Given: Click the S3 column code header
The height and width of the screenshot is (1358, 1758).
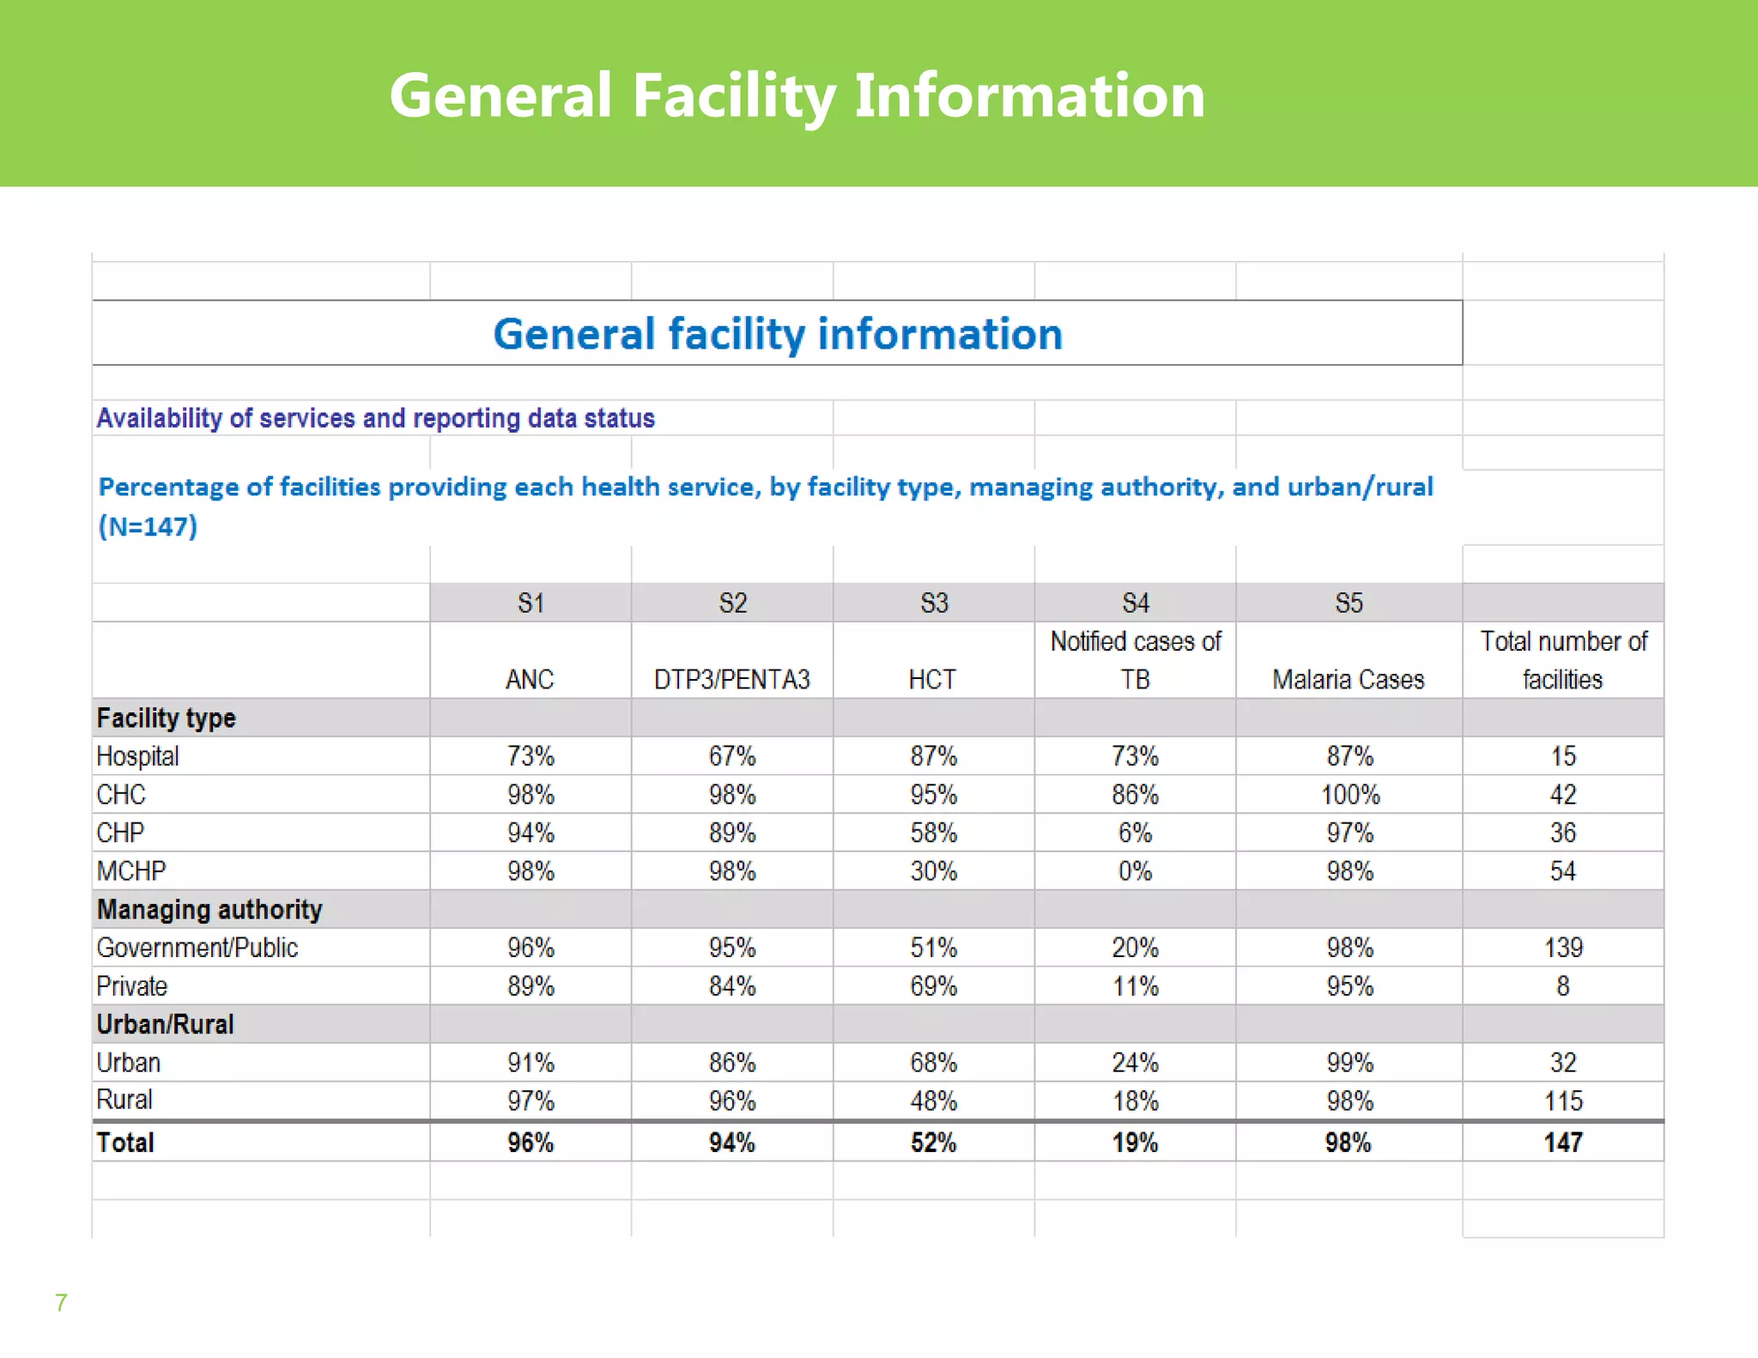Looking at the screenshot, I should tap(934, 603).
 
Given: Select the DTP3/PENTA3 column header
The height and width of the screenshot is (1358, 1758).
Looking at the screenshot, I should tap(731, 679).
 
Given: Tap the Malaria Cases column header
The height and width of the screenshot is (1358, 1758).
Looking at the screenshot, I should tap(1348, 679).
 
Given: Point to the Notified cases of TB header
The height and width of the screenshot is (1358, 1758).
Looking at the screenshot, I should tap(1135, 659).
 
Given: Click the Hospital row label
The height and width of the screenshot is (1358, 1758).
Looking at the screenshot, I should tap(137, 756).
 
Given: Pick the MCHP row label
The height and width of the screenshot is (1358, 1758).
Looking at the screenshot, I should tap(130, 871).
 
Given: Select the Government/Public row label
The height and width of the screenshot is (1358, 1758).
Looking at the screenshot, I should tap(197, 948).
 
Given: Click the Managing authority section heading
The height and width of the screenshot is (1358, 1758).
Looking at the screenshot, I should tap(209, 909).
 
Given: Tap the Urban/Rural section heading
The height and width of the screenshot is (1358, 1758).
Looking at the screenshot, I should tap(165, 1024).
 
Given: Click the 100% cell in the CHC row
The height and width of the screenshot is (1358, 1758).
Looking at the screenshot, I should tap(1349, 795).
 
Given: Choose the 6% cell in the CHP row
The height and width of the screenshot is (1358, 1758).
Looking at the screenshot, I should tap(1135, 833).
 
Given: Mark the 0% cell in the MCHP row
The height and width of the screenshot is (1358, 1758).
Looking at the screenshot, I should tap(1135, 871).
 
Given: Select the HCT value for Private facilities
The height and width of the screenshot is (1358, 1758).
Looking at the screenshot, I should tap(933, 986).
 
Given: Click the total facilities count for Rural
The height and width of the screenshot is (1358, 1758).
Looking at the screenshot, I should tap(1563, 1100).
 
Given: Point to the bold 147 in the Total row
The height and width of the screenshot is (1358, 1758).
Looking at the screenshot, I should tap(1563, 1143).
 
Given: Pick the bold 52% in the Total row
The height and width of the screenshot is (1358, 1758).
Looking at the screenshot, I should tap(933, 1143).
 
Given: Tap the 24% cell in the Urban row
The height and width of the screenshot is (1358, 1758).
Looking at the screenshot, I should tap(1135, 1063).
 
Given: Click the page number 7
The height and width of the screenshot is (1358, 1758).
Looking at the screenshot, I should tap(61, 1302).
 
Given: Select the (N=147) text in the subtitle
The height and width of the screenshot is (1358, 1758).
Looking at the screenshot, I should tap(148, 525).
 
